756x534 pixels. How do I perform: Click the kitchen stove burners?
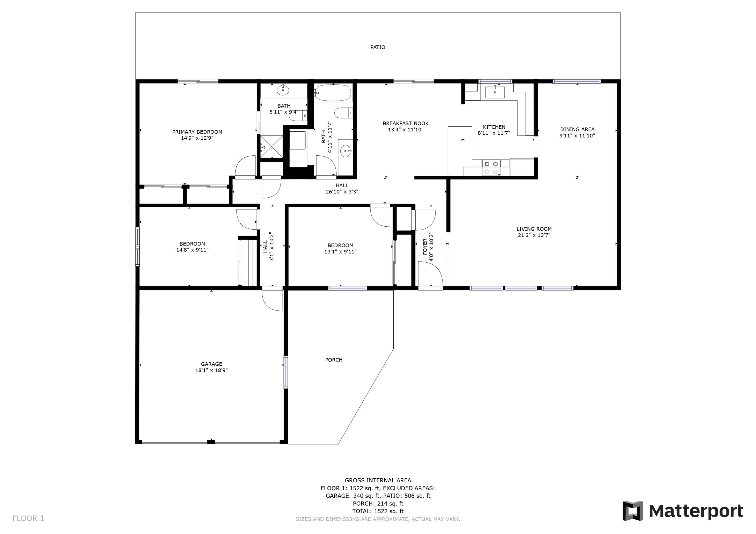pyautogui.click(x=491, y=167)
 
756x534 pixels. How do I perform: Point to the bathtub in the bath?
pyautogui.click(x=333, y=93)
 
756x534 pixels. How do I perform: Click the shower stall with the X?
pyautogui.click(x=271, y=147)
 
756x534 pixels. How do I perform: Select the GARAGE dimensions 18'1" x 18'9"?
pyautogui.click(x=211, y=370)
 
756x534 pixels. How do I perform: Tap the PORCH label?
pyautogui.click(x=334, y=360)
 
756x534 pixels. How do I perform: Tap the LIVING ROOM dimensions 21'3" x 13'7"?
pyautogui.click(x=534, y=235)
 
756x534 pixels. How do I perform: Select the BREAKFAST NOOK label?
pyautogui.click(x=405, y=123)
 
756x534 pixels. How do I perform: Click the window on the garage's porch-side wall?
pyautogui.click(x=286, y=372)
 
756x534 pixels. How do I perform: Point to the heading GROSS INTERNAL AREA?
pyautogui.click(x=378, y=480)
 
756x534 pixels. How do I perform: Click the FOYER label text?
pyautogui.click(x=425, y=247)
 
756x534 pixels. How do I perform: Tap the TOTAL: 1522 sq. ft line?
pyautogui.click(x=378, y=511)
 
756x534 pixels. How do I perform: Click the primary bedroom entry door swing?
pyautogui.click(x=245, y=166)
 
